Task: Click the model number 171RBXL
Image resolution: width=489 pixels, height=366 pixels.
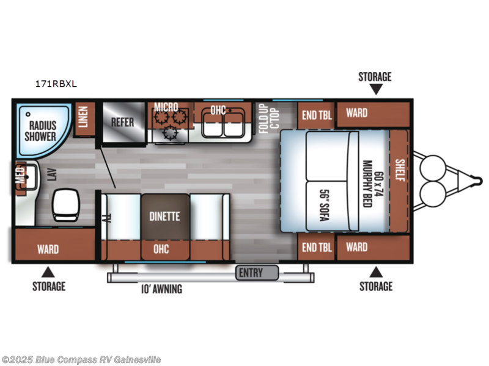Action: [x=56, y=85]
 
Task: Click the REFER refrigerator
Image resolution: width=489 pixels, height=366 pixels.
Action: [x=122, y=121]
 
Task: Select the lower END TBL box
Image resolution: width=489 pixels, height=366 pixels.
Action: [x=316, y=247]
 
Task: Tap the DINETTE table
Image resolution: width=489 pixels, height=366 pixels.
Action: [x=165, y=217]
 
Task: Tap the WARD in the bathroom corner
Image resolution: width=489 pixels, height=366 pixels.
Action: [x=48, y=249]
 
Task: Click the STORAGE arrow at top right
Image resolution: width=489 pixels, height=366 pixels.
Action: [x=376, y=89]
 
